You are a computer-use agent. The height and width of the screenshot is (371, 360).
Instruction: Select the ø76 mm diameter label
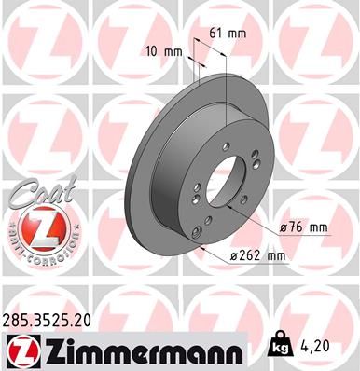[304, 227]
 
